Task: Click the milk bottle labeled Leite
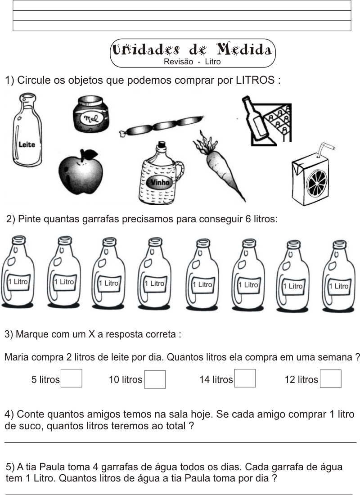(27, 130)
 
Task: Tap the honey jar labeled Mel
(91, 114)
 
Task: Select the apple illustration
(81, 172)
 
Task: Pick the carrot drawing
(219, 165)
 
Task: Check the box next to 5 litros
(72, 378)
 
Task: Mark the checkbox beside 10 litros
(155, 379)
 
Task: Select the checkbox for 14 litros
(245, 378)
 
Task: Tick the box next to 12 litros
(331, 378)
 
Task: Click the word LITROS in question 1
(255, 80)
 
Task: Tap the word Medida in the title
(244, 49)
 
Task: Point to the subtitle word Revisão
(178, 62)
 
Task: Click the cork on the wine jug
(162, 145)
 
